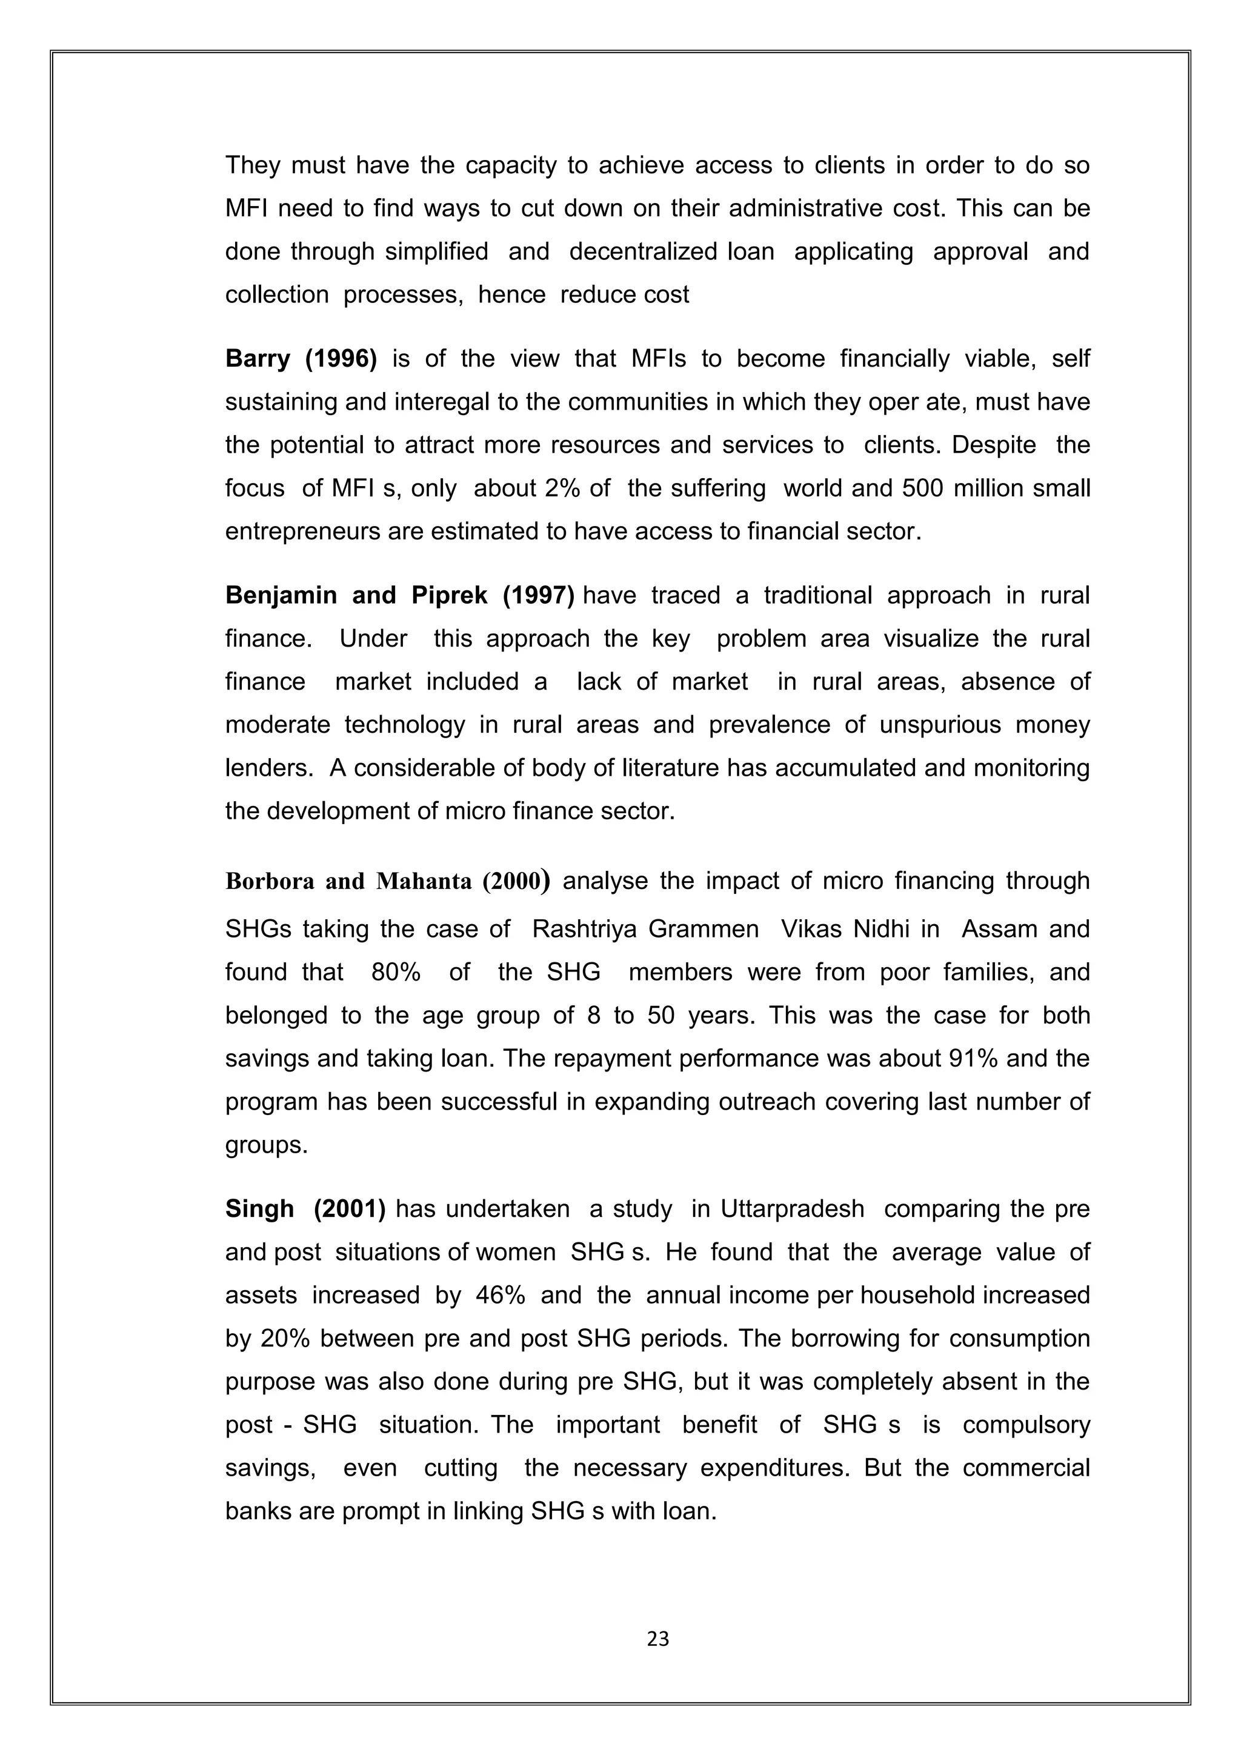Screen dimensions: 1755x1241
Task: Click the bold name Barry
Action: pyautogui.click(x=257, y=359)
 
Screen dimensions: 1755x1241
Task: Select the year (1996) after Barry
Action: pyautogui.click(x=341, y=359)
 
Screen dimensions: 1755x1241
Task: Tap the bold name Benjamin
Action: pyautogui.click(x=281, y=596)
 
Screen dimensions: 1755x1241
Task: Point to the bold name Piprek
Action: pyautogui.click(x=450, y=596)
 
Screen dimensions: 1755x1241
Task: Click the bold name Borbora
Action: pyautogui.click(x=270, y=881)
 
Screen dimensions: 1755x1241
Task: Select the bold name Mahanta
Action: pyautogui.click(x=424, y=881)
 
